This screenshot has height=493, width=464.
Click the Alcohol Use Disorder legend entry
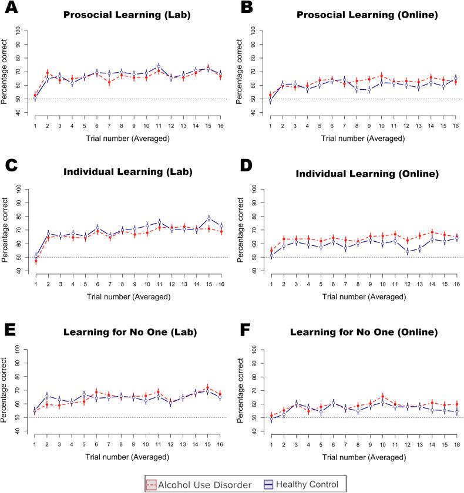[x=197, y=484]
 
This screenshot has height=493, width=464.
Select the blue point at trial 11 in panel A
[x=159, y=66]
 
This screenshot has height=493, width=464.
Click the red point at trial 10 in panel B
[x=382, y=76]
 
